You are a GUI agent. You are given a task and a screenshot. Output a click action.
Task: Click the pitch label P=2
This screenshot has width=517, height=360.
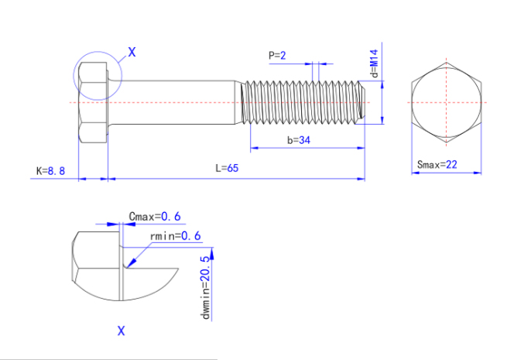[277, 56]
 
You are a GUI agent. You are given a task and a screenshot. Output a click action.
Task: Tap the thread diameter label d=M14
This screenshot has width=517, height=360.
[375, 63]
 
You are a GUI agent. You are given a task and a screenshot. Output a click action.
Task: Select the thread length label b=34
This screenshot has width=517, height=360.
[299, 140]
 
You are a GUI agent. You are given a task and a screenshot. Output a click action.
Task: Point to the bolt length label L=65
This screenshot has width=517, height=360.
[227, 168]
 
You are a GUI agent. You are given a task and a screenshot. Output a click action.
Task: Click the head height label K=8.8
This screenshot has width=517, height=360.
[50, 171]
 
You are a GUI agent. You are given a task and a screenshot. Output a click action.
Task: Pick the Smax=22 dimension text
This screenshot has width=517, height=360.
[437, 164]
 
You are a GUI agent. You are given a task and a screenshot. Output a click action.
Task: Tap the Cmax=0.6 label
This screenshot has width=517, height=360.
[155, 217]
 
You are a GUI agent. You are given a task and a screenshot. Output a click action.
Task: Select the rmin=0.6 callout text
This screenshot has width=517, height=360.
[175, 236]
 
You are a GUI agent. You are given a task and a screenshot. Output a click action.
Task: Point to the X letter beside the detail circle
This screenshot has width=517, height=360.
[132, 52]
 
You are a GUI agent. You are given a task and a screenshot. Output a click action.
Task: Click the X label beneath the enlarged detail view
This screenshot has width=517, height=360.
[121, 331]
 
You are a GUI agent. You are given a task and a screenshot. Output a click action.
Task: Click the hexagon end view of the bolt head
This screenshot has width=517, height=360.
[447, 103]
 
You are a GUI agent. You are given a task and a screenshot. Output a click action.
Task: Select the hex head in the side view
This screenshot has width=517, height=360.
[93, 103]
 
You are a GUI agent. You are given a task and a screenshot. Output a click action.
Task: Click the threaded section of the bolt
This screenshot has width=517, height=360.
[302, 103]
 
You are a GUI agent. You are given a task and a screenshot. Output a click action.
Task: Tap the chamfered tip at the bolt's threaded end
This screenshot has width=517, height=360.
[362, 103]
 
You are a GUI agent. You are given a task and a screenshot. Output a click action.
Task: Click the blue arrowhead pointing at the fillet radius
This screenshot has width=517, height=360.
[131, 262]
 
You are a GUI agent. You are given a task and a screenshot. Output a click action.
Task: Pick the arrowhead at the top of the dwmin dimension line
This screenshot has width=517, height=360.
[211, 253]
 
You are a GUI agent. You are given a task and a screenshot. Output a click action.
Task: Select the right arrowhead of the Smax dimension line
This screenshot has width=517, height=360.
[478, 173]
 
